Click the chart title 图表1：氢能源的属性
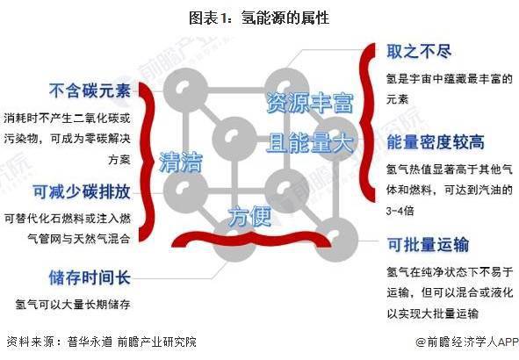coord(259,18)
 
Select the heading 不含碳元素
coord(90,90)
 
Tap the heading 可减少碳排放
coord(82,191)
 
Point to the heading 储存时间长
coord(90,277)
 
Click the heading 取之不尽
coord(419,52)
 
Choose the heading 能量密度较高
coord(436,142)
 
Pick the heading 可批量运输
coord(428,245)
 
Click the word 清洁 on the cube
coord(181,162)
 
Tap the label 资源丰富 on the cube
coord(310,103)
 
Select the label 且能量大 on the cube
coord(310,142)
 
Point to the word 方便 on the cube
coord(250,216)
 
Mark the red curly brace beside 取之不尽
coord(369,122)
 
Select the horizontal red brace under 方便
coord(251,239)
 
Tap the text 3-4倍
coord(400,211)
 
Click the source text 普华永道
coord(90,342)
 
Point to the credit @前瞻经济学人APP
coord(466,342)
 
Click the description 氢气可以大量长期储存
coord(73,304)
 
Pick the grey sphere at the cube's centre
coord(234,139)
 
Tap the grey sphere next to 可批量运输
coord(336,239)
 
